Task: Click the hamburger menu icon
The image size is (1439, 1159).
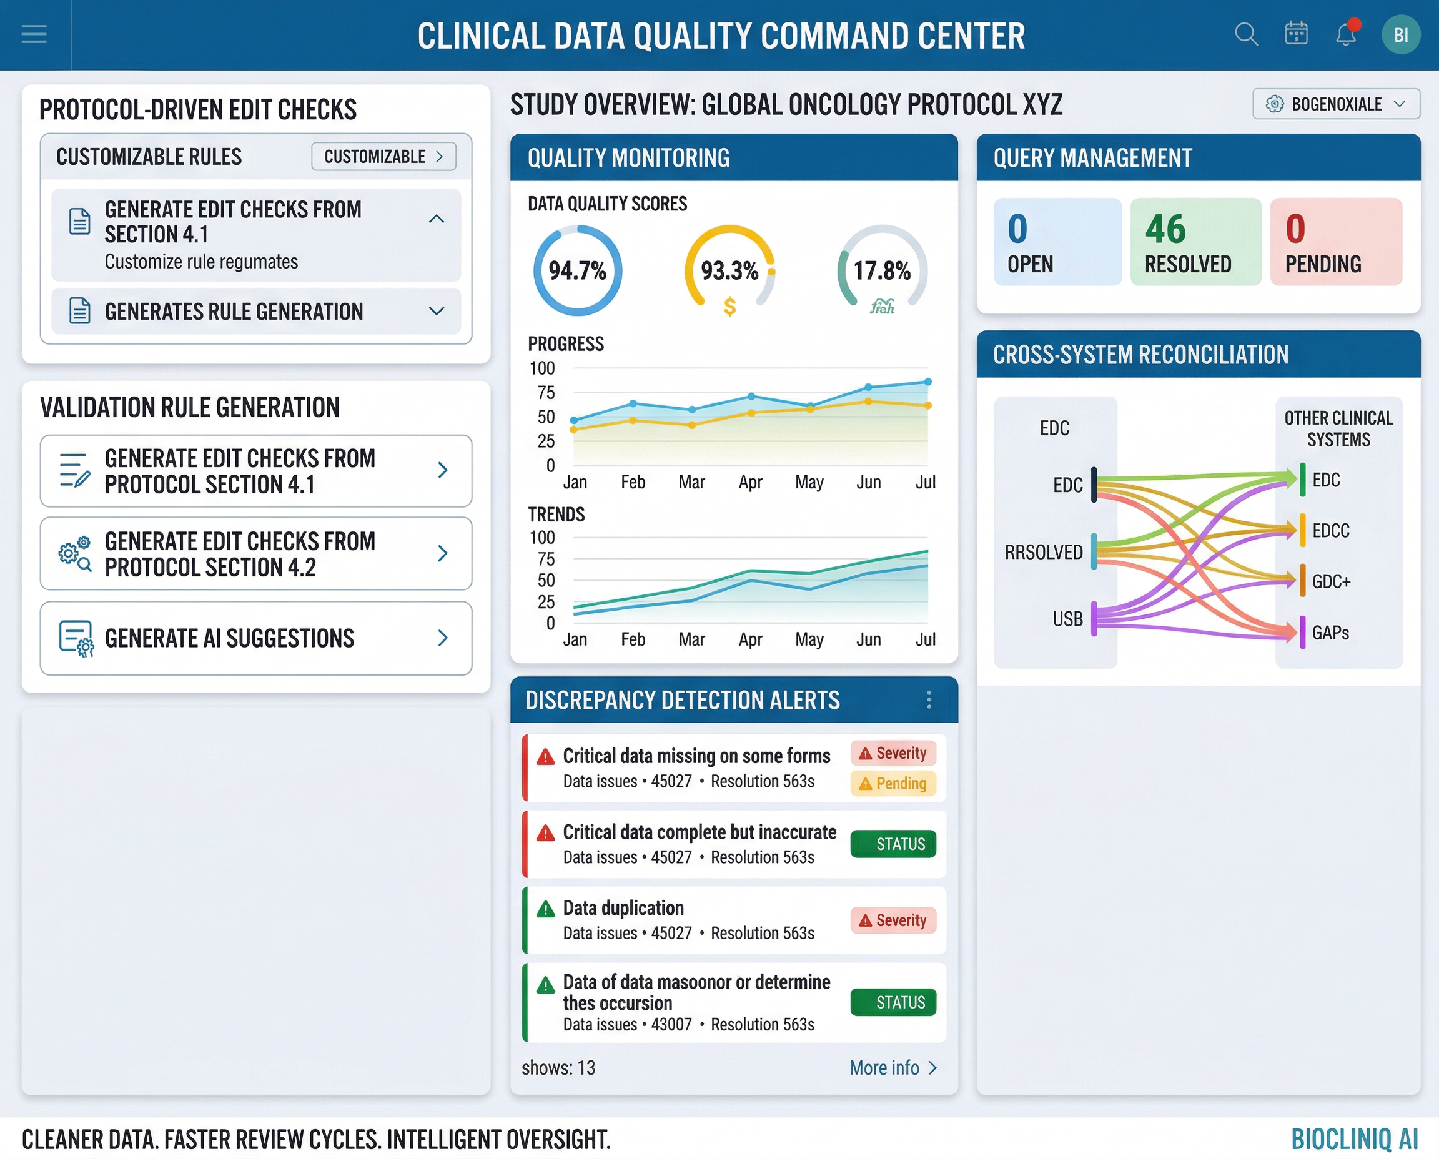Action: pyautogui.click(x=34, y=34)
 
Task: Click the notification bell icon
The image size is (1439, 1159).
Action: pyautogui.click(x=1345, y=34)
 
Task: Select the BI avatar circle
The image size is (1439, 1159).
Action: pyautogui.click(x=1400, y=35)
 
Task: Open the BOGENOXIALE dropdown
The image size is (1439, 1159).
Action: pyautogui.click(x=1335, y=104)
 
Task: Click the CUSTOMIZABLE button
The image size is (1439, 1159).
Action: pyautogui.click(x=383, y=156)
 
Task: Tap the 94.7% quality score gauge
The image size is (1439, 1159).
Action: pyautogui.click(x=578, y=270)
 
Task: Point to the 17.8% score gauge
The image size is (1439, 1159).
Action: pyautogui.click(x=882, y=270)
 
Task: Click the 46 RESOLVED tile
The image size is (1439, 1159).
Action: pyautogui.click(x=1195, y=242)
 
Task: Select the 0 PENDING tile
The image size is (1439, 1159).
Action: pyautogui.click(x=1335, y=242)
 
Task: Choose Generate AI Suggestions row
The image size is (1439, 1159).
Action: pyautogui.click(x=255, y=638)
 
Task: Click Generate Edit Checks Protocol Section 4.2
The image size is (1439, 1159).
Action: pyautogui.click(x=255, y=553)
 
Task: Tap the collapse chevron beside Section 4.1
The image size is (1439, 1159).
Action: pyautogui.click(x=437, y=219)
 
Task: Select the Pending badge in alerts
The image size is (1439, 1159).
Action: pyautogui.click(x=893, y=783)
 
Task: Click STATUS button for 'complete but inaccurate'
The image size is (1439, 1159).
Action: pyautogui.click(x=893, y=844)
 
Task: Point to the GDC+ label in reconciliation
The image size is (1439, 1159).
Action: pyautogui.click(x=1331, y=581)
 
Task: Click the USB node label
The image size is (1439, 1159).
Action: pyautogui.click(x=1067, y=619)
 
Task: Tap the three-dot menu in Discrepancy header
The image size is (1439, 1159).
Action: pyautogui.click(x=929, y=699)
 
